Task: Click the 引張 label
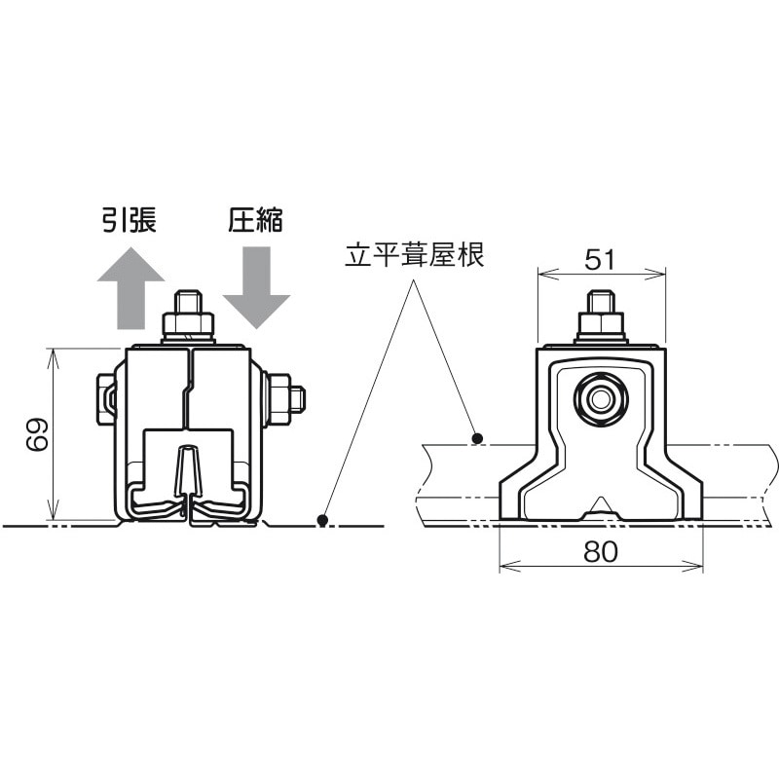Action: pos(129,221)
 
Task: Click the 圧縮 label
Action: pos(255,221)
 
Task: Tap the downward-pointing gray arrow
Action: pos(256,286)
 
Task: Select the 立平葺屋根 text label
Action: pos(415,256)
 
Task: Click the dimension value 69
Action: pos(37,435)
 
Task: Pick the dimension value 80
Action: pos(601,553)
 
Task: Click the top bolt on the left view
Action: pos(188,315)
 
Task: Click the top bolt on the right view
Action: pos(602,316)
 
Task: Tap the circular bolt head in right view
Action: pos(600,398)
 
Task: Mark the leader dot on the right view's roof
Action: pos(476,438)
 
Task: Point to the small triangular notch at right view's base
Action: pos(601,505)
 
